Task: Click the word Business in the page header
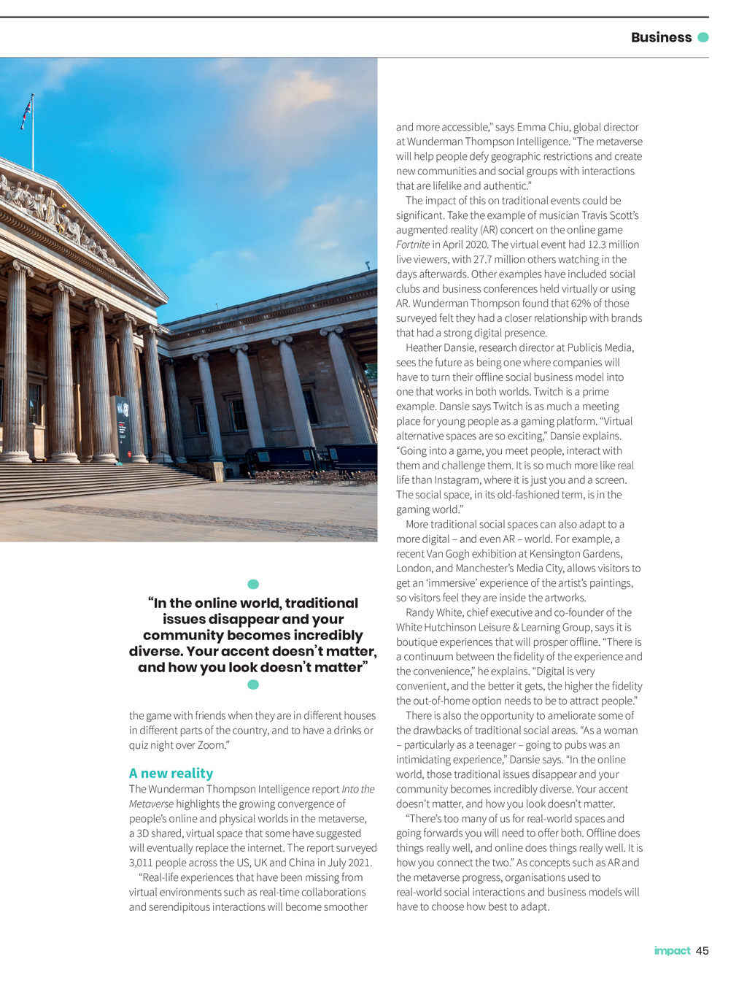pos(661,37)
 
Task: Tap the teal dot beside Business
pos(703,37)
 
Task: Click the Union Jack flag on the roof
pos(26,113)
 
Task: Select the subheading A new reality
pos(171,773)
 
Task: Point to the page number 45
pos(703,950)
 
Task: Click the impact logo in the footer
pos(672,950)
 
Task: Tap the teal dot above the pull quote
pos(253,584)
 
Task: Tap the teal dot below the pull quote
pos(253,685)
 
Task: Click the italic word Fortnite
pos(413,244)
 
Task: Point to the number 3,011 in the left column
pos(142,863)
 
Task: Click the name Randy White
pos(434,612)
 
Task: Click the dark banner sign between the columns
pos(123,428)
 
